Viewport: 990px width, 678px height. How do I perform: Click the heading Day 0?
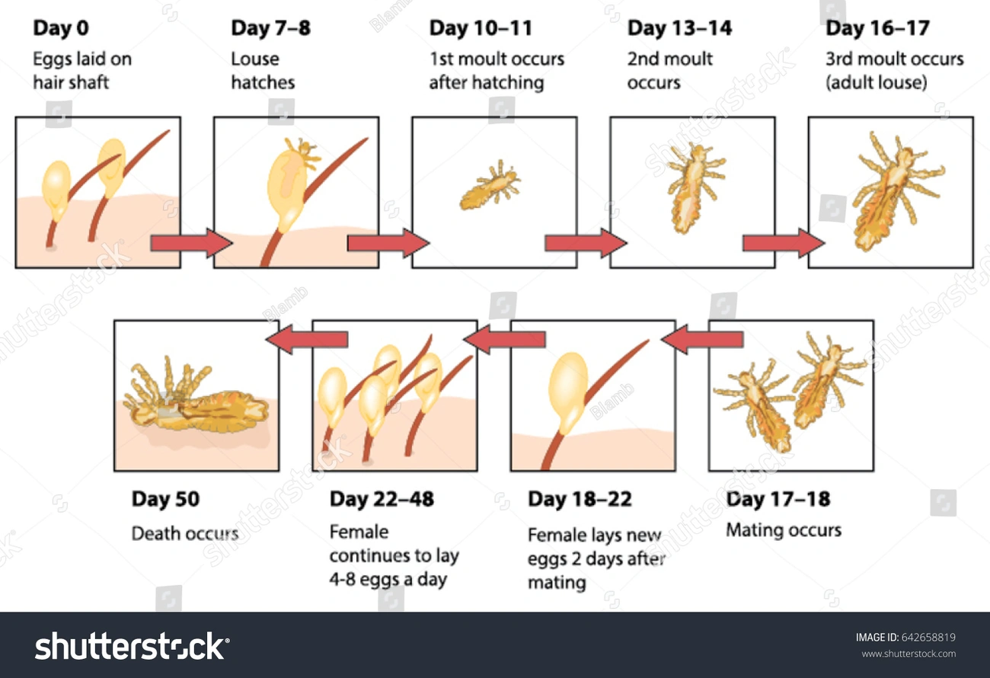tap(60, 29)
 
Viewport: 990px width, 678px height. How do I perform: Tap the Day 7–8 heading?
tap(270, 29)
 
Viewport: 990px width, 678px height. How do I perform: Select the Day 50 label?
tap(165, 499)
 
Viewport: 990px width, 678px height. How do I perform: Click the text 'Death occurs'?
tap(184, 532)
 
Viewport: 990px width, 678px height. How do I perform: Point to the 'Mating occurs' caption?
tap(783, 529)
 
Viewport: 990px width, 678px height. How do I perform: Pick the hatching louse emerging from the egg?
tap(302, 152)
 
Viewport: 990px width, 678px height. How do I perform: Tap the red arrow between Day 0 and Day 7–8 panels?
tap(190, 243)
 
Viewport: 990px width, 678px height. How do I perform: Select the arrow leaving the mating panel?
tap(703, 339)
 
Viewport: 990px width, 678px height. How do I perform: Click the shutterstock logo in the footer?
tap(131, 646)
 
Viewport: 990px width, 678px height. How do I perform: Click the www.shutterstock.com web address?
tap(909, 654)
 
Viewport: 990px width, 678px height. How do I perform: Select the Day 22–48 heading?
tap(382, 499)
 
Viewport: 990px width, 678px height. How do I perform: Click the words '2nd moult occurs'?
tap(669, 70)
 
